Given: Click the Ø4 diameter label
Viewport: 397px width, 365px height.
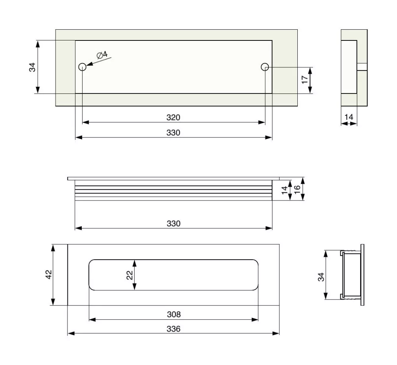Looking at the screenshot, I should click(102, 55).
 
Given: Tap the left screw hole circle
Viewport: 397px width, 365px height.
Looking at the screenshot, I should click(82, 67).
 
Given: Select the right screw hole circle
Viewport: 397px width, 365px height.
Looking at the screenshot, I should click(265, 67).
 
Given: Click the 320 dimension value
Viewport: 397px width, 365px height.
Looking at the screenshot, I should click(173, 118).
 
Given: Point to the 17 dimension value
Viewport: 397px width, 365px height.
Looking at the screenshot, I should click(304, 79).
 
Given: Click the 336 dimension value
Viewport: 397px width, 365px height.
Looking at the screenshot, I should click(173, 329).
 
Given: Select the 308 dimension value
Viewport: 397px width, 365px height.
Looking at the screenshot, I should click(173, 314).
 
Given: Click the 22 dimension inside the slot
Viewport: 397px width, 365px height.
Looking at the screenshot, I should click(129, 275).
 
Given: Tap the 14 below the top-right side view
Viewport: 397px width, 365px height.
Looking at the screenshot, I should click(349, 117).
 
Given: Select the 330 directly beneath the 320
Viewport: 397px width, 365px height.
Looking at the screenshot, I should click(173, 132).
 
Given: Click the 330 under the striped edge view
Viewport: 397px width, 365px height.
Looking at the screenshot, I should click(173, 223).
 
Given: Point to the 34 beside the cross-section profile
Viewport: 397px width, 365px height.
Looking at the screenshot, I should click(321, 276).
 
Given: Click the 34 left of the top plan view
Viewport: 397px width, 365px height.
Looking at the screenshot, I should click(33, 67).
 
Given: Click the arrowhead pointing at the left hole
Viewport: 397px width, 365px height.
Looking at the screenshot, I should click(88, 64).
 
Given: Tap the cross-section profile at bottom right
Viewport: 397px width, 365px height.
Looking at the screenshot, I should click(351, 274).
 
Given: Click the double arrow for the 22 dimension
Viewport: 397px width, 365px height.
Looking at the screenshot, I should click(135, 275).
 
